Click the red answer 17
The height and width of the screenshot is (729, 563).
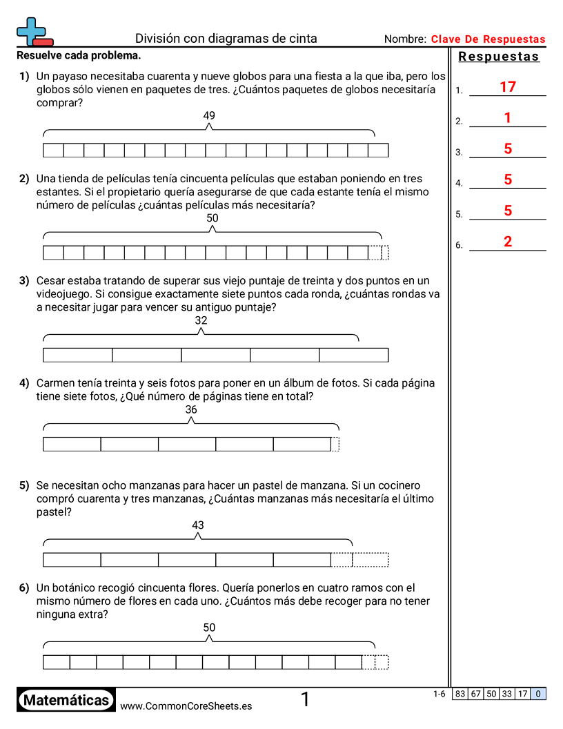pyautogui.click(x=508, y=87)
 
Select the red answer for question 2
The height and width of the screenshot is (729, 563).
pyautogui.click(x=508, y=118)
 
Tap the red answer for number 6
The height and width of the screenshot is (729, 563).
pyautogui.click(x=508, y=242)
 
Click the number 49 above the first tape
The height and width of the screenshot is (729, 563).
pyautogui.click(x=209, y=116)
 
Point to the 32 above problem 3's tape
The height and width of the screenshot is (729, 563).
pyautogui.click(x=201, y=320)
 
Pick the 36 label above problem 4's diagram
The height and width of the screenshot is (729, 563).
pyautogui.click(x=191, y=409)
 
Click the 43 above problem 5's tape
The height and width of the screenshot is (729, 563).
pyautogui.click(x=198, y=525)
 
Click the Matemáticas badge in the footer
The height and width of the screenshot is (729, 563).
pyautogui.click(x=66, y=700)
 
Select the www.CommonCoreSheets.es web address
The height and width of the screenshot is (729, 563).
pyautogui.click(x=186, y=706)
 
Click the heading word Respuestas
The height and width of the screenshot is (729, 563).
pyautogui.click(x=499, y=57)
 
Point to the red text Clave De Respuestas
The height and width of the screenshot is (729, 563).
pyautogui.click(x=488, y=39)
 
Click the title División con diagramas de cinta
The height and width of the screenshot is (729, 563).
pyautogui.click(x=226, y=39)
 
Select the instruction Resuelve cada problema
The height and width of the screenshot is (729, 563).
pyautogui.click(x=79, y=55)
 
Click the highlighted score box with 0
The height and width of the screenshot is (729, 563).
pyautogui.click(x=538, y=694)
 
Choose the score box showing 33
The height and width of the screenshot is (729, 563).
pyautogui.click(x=507, y=694)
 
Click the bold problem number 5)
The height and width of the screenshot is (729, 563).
pyautogui.click(x=24, y=485)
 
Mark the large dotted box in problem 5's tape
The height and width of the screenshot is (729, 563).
pyautogui.click(x=371, y=559)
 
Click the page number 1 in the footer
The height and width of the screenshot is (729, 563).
pyautogui.click(x=305, y=700)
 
